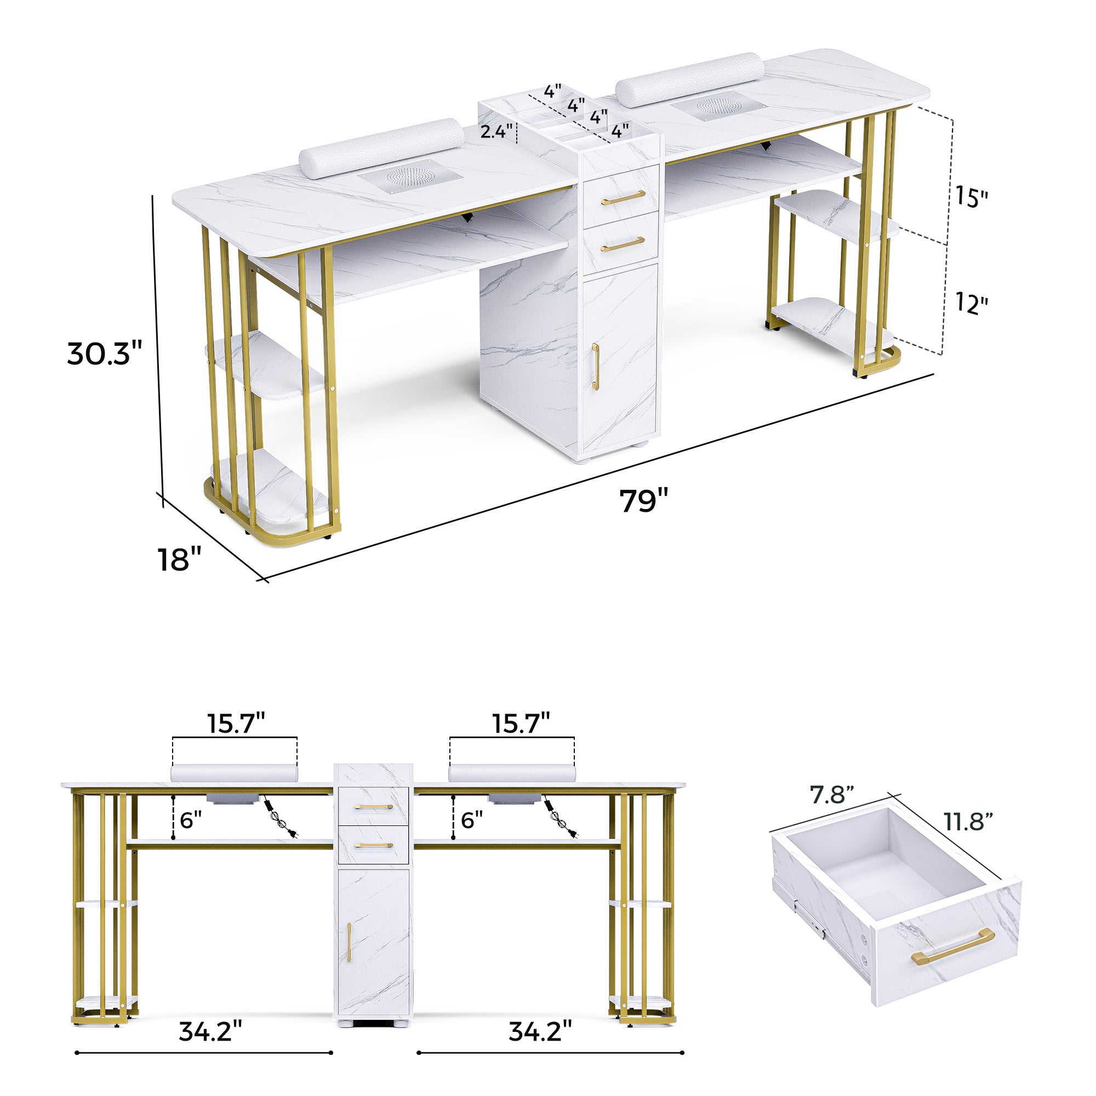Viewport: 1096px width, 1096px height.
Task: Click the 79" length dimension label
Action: coord(643,500)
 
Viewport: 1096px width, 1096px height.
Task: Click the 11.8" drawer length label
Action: coord(968,821)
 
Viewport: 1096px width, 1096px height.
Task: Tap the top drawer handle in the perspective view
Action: coord(623,197)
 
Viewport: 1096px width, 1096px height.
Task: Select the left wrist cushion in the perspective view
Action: coord(381,149)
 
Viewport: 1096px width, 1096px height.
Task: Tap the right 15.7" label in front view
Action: coord(521,724)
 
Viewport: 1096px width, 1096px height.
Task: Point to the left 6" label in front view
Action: coord(191,820)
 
